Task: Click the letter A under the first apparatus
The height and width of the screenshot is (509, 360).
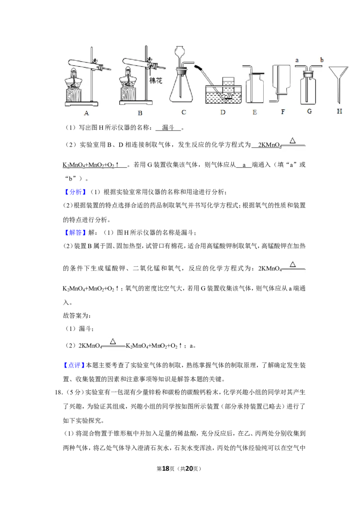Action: pos(86,113)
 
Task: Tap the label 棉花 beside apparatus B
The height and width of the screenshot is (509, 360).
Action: pos(156,80)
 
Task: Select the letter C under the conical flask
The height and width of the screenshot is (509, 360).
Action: pos(184,112)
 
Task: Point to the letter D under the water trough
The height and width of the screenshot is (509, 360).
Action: pos(223,112)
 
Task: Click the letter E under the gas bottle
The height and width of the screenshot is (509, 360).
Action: pos(255,112)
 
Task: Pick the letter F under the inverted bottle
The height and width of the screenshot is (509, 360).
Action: pos(283,112)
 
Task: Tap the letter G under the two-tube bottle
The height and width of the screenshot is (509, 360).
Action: pos(309,112)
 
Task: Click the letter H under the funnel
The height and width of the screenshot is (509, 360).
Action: pos(340,112)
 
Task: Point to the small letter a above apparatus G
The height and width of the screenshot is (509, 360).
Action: pos(297,60)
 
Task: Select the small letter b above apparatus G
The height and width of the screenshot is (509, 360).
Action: pos(322,60)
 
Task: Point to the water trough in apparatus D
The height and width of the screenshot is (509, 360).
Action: pos(224,94)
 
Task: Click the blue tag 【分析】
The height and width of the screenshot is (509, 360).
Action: pos(76,192)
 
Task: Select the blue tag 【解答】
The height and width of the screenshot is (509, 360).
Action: pos(76,232)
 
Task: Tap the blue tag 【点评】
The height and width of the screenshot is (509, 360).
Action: pos(74,365)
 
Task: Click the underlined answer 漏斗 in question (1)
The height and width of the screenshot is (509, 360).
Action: pos(168,128)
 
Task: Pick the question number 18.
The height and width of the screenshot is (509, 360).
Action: pos(58,393)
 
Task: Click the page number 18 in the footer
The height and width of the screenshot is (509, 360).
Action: pos(166,469)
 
